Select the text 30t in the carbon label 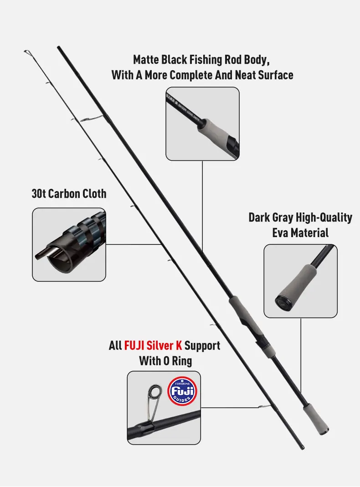(x=39, y=193)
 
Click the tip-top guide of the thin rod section (x=27, y=52)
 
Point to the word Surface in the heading (x=276, y=75)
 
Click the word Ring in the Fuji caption (x=182, y=361)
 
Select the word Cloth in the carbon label (x=94, y=193)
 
